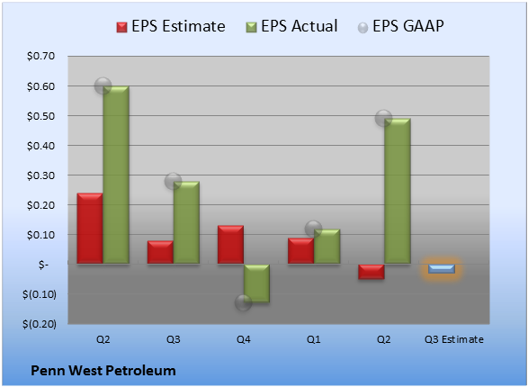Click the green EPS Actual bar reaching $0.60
(x=116, y=175)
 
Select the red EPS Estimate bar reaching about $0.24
(x=90, y=228)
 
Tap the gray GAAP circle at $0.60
(x=103, y=85)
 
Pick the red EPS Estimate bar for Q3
(x=160, y=252)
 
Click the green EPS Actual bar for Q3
(x=186, y=222)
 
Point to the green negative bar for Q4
(x=256, y=283)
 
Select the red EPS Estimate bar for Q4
(x=230, y=244)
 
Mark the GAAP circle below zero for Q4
(x=243, y=302)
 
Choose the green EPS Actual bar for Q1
(x=327, y=247)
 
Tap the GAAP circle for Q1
(x=313, y=229)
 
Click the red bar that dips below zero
(x=371, y=272)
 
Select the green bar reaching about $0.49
(x=398, y=191)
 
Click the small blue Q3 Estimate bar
(x=442, y=268)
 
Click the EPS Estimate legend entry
(x=171, y=26)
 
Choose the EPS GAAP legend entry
(x=400, y=26)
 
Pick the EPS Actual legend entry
(x=291, y=26)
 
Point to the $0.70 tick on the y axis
(x=40, y=56)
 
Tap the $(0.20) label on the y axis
(x=40, y=324)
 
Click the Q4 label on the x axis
(x=243, y=339)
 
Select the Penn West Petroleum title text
(x=103, y=371)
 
